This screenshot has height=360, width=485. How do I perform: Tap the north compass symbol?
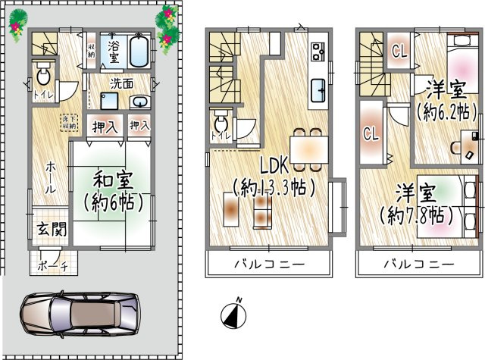(x=233, y=312)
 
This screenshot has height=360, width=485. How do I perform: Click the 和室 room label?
(x=114, y=180)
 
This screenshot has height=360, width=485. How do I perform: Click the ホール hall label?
(x=48, y=176)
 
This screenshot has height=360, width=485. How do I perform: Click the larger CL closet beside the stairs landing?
(x=371, y=135)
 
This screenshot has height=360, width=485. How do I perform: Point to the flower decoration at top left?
(x=17, y=25)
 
